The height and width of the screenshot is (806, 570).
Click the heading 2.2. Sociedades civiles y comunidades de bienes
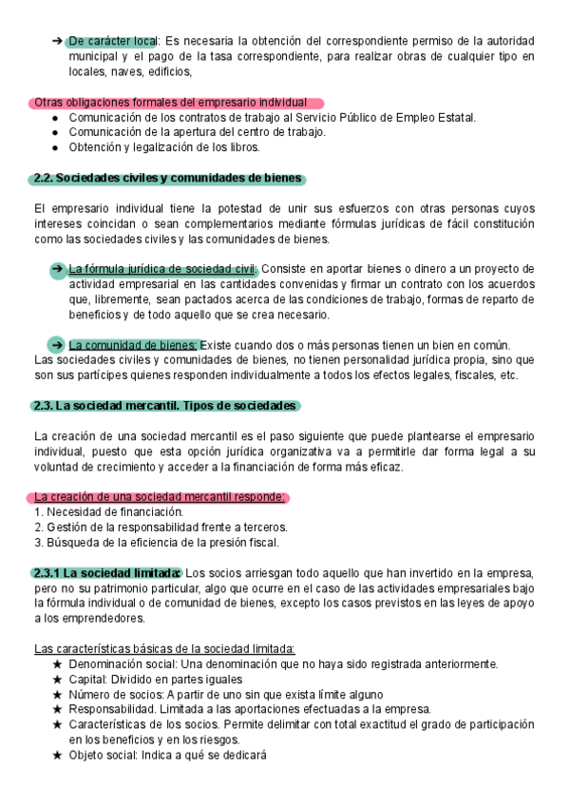point(167,178)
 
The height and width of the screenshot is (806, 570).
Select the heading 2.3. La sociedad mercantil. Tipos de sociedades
point(165,406)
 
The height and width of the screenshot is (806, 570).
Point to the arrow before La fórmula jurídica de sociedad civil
point(59,269)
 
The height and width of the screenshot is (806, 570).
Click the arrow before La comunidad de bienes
point(59,345)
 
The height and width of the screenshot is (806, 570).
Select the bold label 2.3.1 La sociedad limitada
point(106,573)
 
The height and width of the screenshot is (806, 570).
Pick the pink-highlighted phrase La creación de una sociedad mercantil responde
point(159,497)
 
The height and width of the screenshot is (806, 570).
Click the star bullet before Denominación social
point(58,664)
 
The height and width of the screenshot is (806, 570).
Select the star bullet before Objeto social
point(58,756)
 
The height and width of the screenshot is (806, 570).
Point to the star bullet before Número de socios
point(58,695)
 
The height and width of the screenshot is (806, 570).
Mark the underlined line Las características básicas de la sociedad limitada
point(164,649)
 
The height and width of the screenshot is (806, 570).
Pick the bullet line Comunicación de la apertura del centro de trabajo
point(198,132)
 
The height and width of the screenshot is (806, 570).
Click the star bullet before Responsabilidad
point(58,710)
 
